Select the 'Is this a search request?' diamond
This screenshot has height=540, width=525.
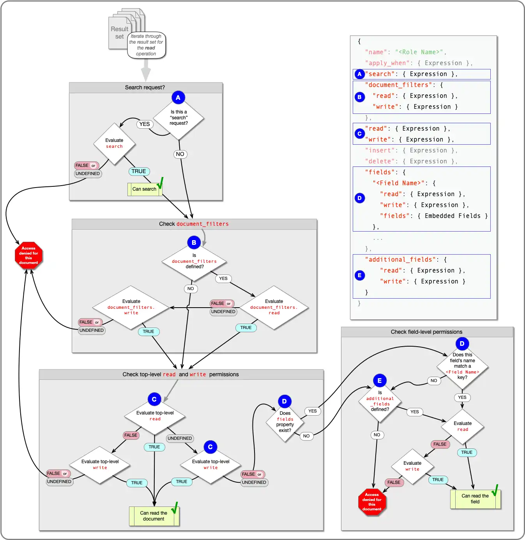coord(179,118)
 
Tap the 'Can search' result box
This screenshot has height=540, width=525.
coord(145,189)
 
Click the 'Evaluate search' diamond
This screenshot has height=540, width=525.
coord(114,143)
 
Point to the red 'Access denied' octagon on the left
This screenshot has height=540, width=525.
coord(28,255)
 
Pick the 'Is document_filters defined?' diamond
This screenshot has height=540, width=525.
coord(194,261)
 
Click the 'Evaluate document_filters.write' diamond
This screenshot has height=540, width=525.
coord(131,307)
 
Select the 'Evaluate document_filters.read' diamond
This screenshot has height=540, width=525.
coord(274,307)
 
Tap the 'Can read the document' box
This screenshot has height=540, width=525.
coord(154,516)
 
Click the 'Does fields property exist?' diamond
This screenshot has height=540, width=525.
coord(285,422)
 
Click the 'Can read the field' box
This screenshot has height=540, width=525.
coord(475,499)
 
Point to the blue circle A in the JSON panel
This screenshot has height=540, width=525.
coord(359,74)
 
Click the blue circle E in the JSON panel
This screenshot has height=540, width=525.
coord(359,275)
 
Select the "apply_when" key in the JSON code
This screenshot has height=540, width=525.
coord(388,63)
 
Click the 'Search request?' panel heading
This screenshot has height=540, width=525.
coord(145,87)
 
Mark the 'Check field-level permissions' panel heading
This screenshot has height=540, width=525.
coord(426,332)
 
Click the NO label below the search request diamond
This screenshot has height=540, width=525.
coord(180,154)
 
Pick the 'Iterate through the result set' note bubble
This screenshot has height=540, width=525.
coord(146,45)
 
